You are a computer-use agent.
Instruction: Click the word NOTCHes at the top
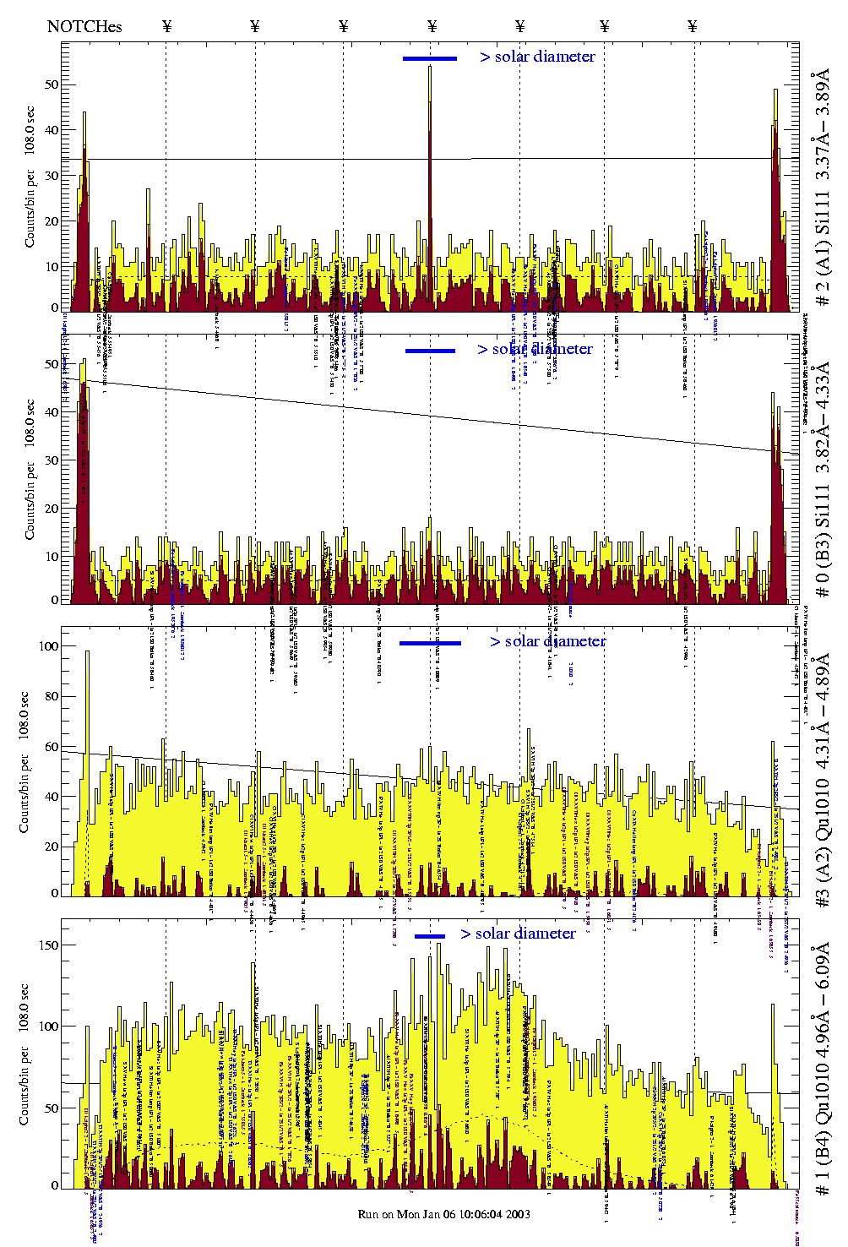84,26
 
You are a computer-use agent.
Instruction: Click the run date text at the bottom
444,1214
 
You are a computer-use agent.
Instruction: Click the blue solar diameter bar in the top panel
430,58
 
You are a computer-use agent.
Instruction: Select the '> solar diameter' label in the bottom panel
518,934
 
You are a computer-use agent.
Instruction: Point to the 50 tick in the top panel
52,84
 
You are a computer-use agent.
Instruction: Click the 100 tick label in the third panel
49,646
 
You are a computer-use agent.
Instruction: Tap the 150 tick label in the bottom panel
49,945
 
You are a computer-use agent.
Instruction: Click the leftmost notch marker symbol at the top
166,26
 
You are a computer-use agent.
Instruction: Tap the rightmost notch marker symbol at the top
693,26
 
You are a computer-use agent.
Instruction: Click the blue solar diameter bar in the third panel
430,643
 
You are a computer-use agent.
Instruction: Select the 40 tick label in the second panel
52,412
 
